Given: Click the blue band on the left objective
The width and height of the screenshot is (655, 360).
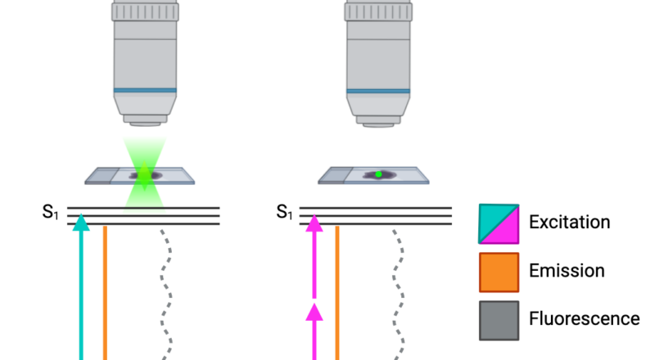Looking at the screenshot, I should click(145, 90).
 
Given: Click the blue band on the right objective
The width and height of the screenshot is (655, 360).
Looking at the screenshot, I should click(378, 90).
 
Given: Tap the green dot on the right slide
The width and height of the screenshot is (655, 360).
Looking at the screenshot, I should click(378, 173).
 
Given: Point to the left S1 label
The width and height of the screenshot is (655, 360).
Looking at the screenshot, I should click(52, 214).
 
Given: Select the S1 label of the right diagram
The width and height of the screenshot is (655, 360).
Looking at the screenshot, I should click(284, 214).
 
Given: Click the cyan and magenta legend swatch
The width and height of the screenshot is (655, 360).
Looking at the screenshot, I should click(499, 223).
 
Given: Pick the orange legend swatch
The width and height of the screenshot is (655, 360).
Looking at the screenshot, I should click(499, 272).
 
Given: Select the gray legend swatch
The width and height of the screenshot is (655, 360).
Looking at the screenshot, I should click(499, 319).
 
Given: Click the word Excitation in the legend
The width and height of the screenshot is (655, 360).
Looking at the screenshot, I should click(570, 222).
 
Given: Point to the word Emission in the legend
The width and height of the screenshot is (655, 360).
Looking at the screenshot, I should click(567, 270).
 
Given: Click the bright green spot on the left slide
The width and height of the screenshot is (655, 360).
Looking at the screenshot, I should click(145, 173).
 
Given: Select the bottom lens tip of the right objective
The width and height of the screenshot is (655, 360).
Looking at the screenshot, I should click(378, 124).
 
